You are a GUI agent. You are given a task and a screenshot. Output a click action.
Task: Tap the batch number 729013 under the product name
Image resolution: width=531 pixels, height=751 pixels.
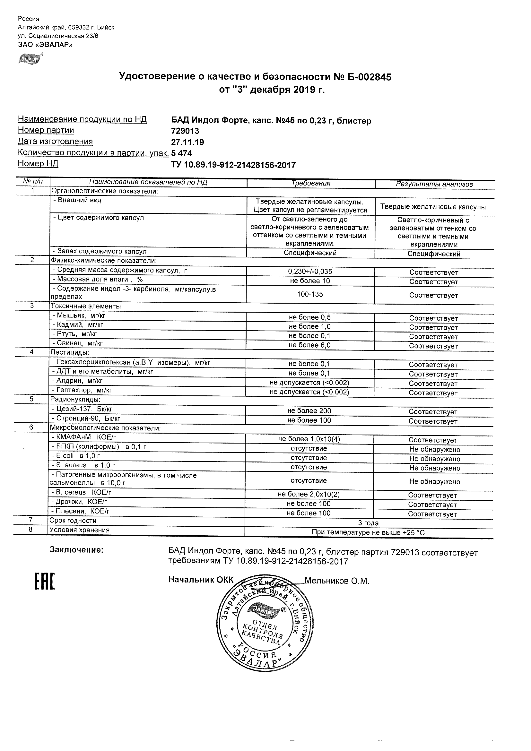[185, 131]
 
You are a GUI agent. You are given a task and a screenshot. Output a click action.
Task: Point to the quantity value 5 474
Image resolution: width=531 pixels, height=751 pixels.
[182, 153]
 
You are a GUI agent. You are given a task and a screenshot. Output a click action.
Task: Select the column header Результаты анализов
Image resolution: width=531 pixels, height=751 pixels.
[434, 184]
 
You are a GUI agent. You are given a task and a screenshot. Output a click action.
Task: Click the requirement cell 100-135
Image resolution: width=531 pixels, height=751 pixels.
[309, 294]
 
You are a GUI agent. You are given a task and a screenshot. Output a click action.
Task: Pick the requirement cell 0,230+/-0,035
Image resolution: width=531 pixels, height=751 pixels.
[310, 271]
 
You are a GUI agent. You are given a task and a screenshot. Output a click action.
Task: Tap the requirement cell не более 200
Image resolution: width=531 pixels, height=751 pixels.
[309, 411]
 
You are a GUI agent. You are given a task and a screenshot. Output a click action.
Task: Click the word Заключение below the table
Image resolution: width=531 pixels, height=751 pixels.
[76, 550]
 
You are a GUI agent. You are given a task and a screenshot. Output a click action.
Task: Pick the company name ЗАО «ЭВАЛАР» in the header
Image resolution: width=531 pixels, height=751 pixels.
[45, 45]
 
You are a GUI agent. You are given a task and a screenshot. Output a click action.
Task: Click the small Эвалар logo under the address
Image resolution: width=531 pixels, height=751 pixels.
[30, 59]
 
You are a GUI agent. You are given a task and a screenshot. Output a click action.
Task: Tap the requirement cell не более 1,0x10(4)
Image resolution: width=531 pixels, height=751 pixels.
[309, 439]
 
